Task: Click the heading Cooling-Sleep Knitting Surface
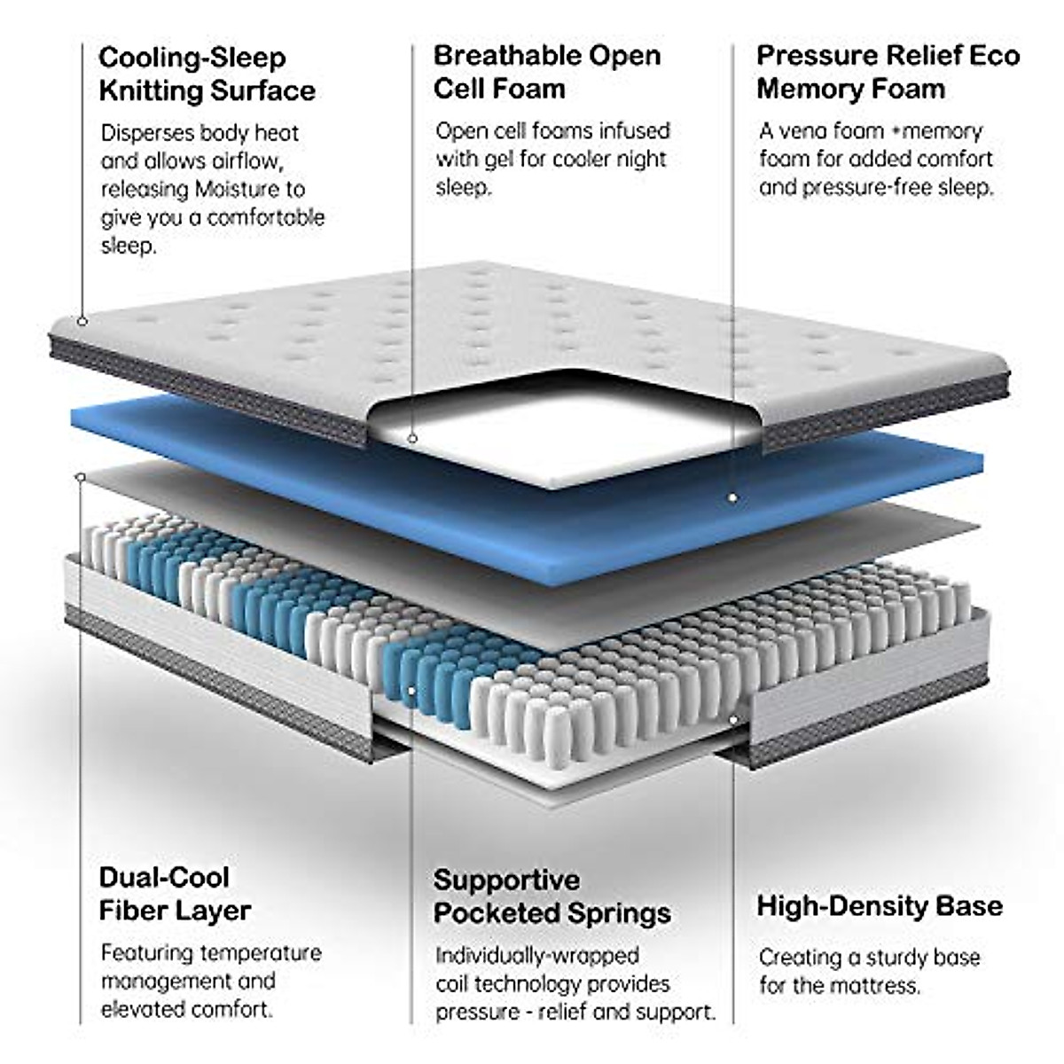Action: (207, 74)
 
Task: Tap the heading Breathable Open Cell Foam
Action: (546, 72)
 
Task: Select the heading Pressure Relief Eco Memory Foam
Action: (888, 72)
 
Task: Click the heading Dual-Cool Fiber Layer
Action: (175, 894)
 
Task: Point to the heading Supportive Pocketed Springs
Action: (552, 896)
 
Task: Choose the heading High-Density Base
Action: (880, 906)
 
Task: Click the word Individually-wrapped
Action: (536, 956)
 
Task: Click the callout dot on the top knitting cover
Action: (82, 321)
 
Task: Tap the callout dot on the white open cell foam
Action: (412, 438)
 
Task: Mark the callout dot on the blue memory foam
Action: (732, 498)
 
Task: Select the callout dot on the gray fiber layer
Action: (81, 478)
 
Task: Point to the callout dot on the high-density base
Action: (732, 718)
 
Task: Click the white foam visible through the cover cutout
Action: (567, 434)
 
